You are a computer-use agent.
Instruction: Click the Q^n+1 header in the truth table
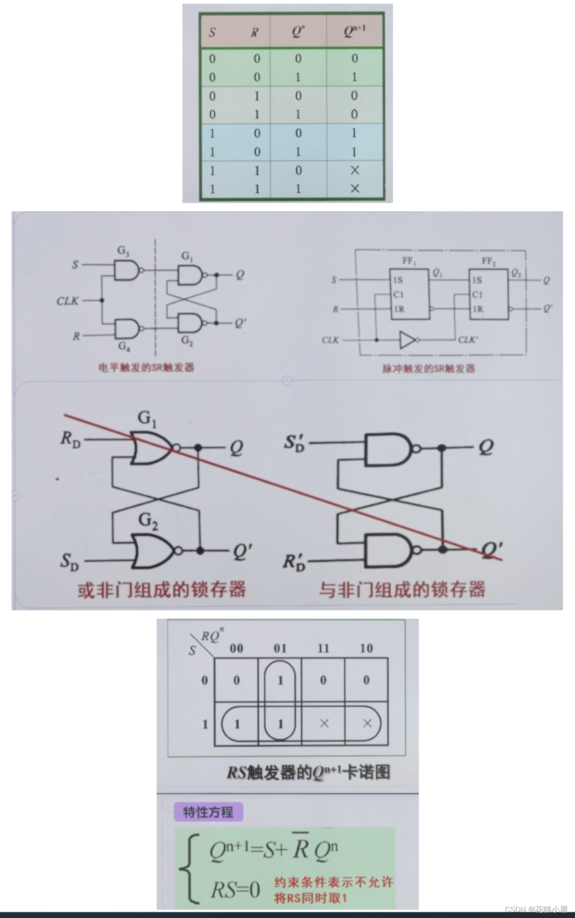(x=354, y=31)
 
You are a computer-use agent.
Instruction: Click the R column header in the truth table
(x=254, y=32)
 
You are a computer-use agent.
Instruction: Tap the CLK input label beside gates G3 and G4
(x=67, y=301)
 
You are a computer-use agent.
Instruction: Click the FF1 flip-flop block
(x=410, y=293)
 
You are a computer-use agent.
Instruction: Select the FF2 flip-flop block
(x=488, y=293)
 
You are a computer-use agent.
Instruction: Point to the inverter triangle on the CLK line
(x=407, y=340)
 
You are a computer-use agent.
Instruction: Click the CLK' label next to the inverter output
(x=468, y=340)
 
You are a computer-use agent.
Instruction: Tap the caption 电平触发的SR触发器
(x=146, y=368)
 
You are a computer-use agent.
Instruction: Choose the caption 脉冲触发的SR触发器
(x=428, y=369)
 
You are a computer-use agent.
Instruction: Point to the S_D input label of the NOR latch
(x=70, y=562)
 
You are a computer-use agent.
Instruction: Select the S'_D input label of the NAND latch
(x=294, y=443)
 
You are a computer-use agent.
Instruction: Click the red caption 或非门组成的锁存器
(x=161, y=590)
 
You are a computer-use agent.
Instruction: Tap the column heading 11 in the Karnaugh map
(x=323, y=649)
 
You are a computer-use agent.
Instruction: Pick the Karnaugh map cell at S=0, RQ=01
(x=280, y=680)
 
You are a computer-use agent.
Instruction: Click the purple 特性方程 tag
(x=208, y=812)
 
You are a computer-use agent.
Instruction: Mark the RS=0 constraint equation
(x=235, y=889)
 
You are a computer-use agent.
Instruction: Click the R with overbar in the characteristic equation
(x=301, y=846)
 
